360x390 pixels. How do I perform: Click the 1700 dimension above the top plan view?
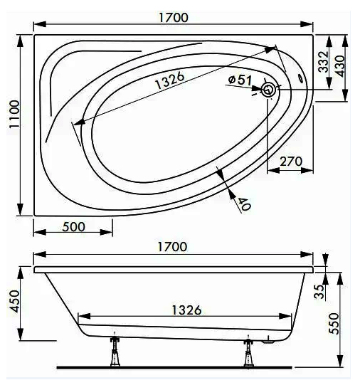(174, 17)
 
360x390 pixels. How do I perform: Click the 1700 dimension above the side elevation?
(172, 247)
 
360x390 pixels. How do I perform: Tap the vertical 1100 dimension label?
(14, 114)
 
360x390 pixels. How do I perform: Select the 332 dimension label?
(324, 62)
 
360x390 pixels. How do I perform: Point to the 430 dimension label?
(340, 66)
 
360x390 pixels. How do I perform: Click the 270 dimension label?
(291, 162)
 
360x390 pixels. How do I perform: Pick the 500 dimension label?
(73, 227)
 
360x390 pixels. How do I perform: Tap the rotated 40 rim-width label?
(245, 204)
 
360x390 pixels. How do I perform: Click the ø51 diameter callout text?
(240, 80)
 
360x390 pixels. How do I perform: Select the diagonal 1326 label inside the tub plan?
(170, 80)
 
